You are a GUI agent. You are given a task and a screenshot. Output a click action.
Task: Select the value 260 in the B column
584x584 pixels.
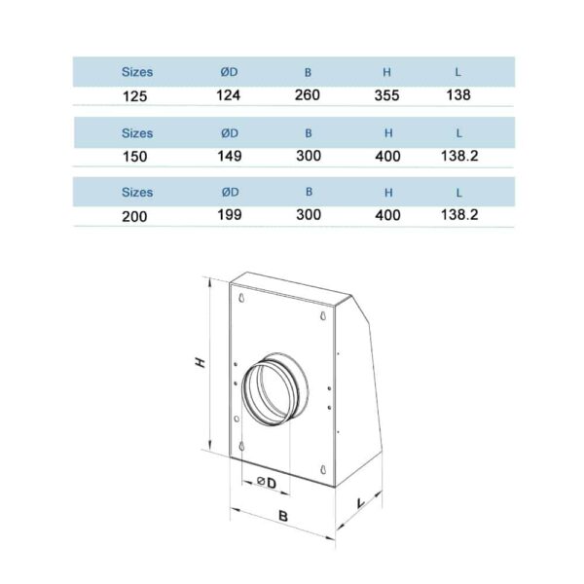click(x=309, y=95)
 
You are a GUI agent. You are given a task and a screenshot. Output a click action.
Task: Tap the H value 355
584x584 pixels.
click(x=388, y=95)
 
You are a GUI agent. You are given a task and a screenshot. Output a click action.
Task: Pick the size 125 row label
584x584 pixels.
click(x=135, y=96)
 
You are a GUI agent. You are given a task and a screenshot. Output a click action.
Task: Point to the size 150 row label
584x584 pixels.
click(x=135, y=156)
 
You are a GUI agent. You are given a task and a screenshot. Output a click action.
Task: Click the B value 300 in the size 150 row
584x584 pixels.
click(x=309, y=155)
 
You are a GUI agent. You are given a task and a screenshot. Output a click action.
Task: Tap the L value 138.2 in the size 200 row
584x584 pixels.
click(x=459, y=215)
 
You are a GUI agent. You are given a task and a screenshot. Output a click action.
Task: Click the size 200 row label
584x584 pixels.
click(x=135, y=216)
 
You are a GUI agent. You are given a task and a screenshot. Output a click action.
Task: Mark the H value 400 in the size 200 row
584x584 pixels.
click(x=388, y=215)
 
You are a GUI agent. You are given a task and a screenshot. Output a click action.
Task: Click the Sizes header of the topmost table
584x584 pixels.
click(x=137, y=72)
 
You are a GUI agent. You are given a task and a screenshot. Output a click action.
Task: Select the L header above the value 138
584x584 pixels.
click(x=457, y=72)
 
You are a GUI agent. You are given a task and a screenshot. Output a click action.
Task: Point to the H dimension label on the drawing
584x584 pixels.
click(x=201, y=362)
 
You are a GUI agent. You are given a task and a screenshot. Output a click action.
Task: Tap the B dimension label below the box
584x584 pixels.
click(x=281, y=516)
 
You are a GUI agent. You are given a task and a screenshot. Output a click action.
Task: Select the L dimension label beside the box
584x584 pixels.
click(x=360, y=502)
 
